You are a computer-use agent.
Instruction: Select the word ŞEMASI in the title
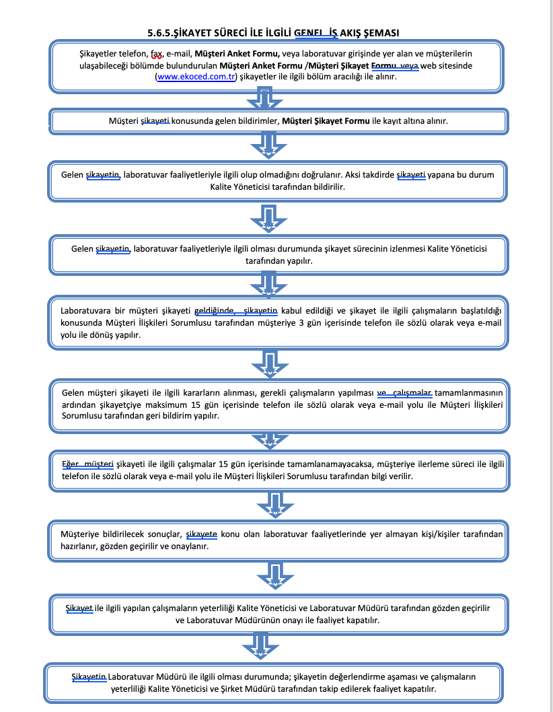pyautogui.click(x=380, y=32)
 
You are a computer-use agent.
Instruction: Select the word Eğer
pyautogui.click(x=71, y=464)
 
